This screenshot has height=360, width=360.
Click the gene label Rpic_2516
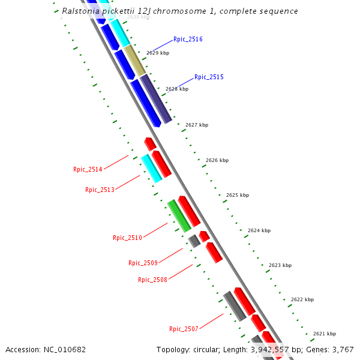tap(188, 39)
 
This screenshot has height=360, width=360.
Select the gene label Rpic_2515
tap(209, 77)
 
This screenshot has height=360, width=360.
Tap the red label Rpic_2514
tap(88, 169)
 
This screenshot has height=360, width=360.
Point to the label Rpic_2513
tap(100, 190)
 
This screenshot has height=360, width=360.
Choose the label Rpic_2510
tap(127, 238)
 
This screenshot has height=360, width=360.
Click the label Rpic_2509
tap(143, 263)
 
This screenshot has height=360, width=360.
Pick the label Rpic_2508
tap(152, 280)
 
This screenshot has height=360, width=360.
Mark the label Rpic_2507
tap(184, 329)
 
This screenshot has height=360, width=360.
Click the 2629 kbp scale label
tap(158, 53)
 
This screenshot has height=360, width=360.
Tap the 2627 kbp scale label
tap(197, 125)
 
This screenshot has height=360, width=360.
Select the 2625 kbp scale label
tap(238, 195)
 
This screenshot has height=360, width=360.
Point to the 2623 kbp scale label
tap(280, 265)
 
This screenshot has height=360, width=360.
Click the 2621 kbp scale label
tap(325, 334)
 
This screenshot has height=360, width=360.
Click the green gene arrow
tap(179, 216)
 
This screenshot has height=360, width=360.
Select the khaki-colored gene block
tap(135, 61)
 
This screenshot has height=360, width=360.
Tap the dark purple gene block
tap(156, 99)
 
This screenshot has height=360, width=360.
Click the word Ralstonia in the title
tap(84, 11)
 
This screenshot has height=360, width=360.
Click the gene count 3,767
tap(343, 350)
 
